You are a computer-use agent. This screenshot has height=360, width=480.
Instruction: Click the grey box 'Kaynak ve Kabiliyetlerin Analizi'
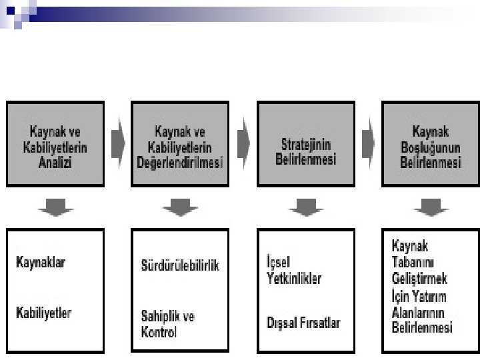pyautogui.click(x=55, y=143)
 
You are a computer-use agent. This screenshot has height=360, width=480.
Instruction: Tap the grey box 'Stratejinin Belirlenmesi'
pyautogui.click(x=305, y=143)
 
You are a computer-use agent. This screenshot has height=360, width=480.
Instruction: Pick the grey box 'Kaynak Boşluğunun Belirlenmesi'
pyautogui.click(x=430, y=143)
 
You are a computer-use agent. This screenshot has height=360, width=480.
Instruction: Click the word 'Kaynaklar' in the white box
pyautogui.click(x=41, y=262)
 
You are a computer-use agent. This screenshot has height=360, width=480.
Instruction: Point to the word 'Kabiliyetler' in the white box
pyautogui.click(x=43, y=312)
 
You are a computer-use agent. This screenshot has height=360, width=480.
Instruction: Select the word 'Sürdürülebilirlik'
pyautogui.click(x=180, y=265)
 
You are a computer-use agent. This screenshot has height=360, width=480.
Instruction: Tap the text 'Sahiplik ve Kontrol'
pyautogui.click(x=167, y=323)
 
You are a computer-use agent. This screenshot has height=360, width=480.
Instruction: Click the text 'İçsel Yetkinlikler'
pyautogui.click(x=293, y=270)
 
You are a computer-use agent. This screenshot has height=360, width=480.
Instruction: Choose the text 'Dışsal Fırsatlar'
pyautogui.click(x=303, y=323)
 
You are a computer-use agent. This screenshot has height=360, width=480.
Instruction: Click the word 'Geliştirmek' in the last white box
pyautogui.click(x=419, y=278)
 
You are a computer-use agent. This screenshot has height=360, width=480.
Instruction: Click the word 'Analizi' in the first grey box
pyautogui.click(x=55, y=162)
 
